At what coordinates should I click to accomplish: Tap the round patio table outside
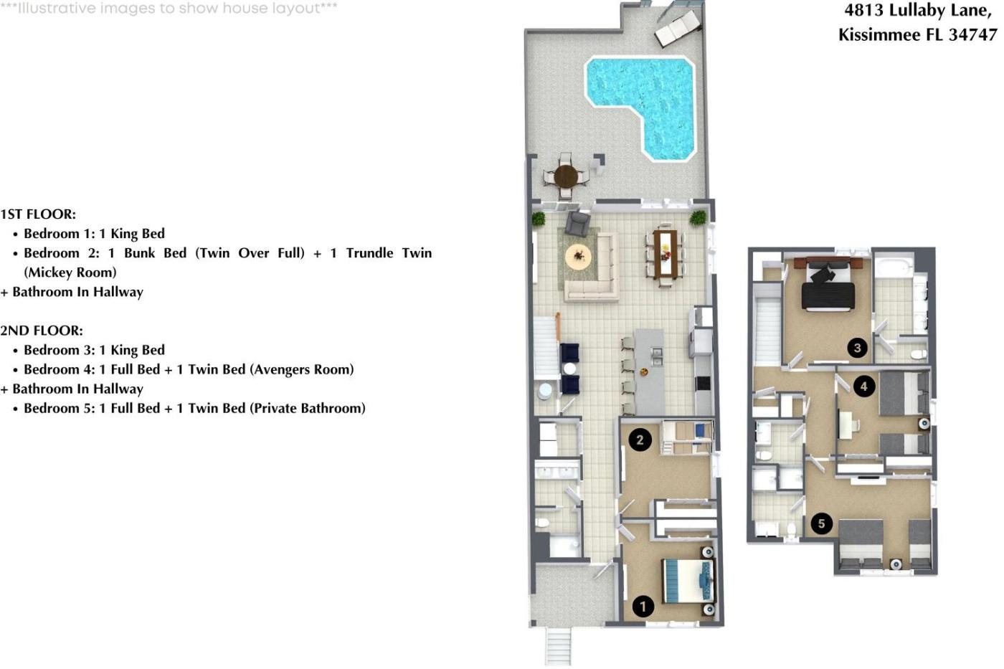click(x=566, y=176)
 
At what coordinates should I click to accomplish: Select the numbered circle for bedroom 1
click(x=643, y=607)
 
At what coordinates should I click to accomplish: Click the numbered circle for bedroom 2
click(x=640, y=440)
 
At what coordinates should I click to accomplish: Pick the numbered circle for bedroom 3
click(x=858, y=348)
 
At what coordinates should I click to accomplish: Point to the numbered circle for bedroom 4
click(x=864, y=386)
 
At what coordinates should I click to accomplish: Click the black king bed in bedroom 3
click(x=828, y=287)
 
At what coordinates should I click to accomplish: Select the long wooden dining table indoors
click(x=666, y=254)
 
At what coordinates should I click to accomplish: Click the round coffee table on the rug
click(x=578, y=257)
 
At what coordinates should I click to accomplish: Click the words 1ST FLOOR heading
click(x=38, y=214)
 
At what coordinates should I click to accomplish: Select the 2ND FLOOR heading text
click(x=42, y=331)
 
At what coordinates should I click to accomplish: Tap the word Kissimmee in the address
click(x=879, y=34)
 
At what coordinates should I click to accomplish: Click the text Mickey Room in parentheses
click(x=70, y=272)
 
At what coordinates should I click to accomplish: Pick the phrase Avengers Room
click(x=302, y=370)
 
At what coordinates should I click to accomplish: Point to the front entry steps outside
click(x=558, y=646)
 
